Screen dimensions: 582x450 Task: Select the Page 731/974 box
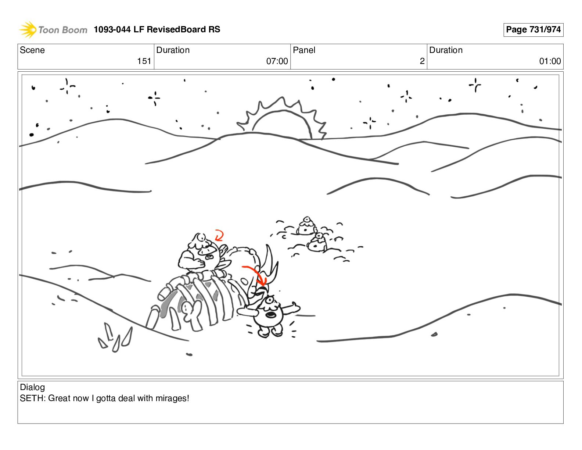tap(533, 30)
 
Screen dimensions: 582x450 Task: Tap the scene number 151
tap(144, 61)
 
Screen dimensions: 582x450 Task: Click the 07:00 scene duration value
tap(277, 61)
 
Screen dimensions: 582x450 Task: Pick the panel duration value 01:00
tap(550, 61)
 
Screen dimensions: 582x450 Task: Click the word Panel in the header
tap(304, 50)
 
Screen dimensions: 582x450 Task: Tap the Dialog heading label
tap(32, 387)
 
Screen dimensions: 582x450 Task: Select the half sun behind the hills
tap(282, 118)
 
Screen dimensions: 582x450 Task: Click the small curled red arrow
tap(220, 235)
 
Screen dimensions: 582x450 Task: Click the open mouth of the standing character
tap(271, 315)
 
